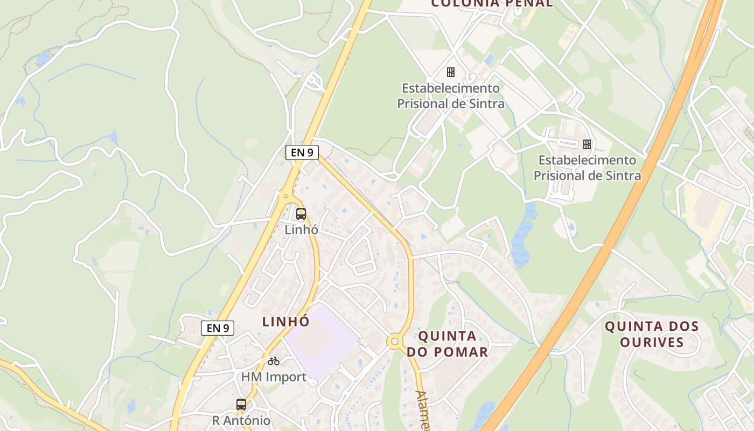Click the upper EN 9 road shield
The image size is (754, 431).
302,152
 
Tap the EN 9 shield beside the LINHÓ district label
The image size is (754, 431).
218,328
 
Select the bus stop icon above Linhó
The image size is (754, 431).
301,213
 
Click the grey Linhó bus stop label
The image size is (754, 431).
301,230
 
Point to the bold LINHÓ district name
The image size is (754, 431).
285,322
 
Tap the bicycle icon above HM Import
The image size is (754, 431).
274,361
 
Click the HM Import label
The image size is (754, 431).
274,377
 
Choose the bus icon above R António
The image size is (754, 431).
241,404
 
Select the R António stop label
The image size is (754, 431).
241,420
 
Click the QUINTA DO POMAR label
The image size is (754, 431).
447,344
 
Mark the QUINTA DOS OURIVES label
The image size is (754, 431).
652,334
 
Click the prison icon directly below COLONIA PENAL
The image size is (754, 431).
451,72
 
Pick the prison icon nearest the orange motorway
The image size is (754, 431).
587,144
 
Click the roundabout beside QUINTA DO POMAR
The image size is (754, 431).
395,341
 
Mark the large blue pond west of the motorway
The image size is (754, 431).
521,242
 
